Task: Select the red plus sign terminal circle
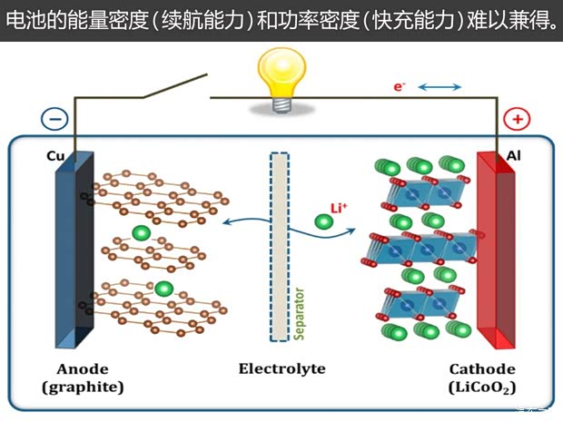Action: coord(517,119)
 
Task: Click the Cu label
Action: coord(54,156)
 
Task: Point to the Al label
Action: coord(513,156)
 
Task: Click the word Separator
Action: coord(299,309)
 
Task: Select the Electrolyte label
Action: coord(281,369)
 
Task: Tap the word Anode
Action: coord(82,369)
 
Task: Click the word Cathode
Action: coord(482,369)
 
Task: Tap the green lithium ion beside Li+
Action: coord(322,221)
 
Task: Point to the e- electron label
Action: coord(399,86)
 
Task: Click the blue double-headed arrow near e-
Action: coord(440,87)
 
